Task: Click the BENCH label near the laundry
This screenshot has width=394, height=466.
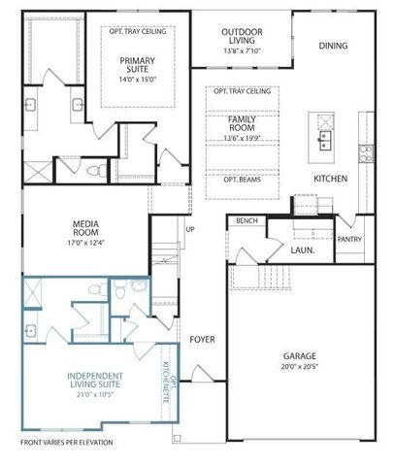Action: point(246,221)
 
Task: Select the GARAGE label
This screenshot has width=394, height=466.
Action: point(300,355)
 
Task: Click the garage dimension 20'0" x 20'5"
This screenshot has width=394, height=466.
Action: point(300,367)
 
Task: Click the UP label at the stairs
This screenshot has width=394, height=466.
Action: point(189,230)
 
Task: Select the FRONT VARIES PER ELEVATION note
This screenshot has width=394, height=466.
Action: point(67,443)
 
